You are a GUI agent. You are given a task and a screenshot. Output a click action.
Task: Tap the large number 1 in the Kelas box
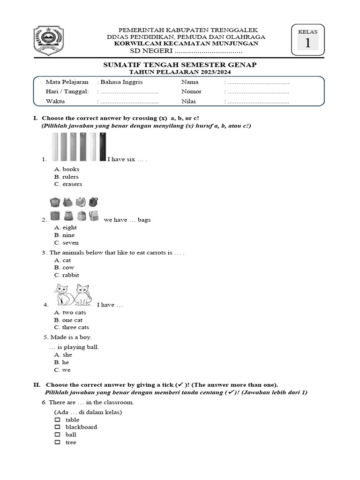pyautogui.click(x=307, y=43)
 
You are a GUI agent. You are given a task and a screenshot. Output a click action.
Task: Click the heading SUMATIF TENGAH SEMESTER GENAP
pyautogui.click(x=180, y=65)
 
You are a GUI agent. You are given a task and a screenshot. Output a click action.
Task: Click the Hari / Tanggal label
pyautogui.click(x=67, y=91)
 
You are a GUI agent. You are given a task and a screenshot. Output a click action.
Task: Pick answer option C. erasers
pyautogui.click(x=68, y=184)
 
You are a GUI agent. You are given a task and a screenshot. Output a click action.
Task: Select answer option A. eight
pyautogui.click(x=65, y=227)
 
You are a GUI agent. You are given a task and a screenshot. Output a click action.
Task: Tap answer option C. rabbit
pyautogui.click(x=67, y=275)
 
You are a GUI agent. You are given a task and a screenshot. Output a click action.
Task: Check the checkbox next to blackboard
pyautogui.click(x=57, y=427)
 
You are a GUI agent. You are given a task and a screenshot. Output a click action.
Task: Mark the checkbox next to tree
pyautogui.click(x=57, y=442)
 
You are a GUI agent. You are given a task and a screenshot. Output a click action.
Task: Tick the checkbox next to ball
pyautogui.click(x=57, y=435)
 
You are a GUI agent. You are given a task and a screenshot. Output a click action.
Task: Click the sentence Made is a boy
pyautogui.click(x=68, y=337)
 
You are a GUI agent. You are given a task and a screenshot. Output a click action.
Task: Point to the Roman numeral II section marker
pyautogui.click(x=36, y=384)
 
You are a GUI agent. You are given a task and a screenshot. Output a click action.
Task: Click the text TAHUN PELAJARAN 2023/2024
pyautogui.click(x=180, y=72)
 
